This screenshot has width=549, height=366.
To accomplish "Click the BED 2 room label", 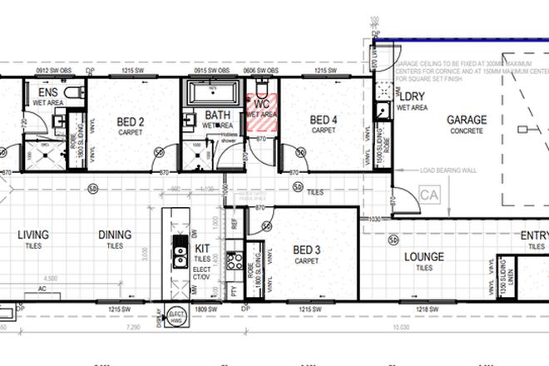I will (x=131, y=121).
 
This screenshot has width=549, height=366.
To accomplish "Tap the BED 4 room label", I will (x=324, y=121).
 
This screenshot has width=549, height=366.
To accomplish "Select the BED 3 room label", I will (x=305, y=250).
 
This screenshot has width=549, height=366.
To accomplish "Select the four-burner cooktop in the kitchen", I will (x=231, y=264).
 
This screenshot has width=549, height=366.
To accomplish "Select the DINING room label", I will (x=114, y=235).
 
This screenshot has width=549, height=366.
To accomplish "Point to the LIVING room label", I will (x=34, y=235).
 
